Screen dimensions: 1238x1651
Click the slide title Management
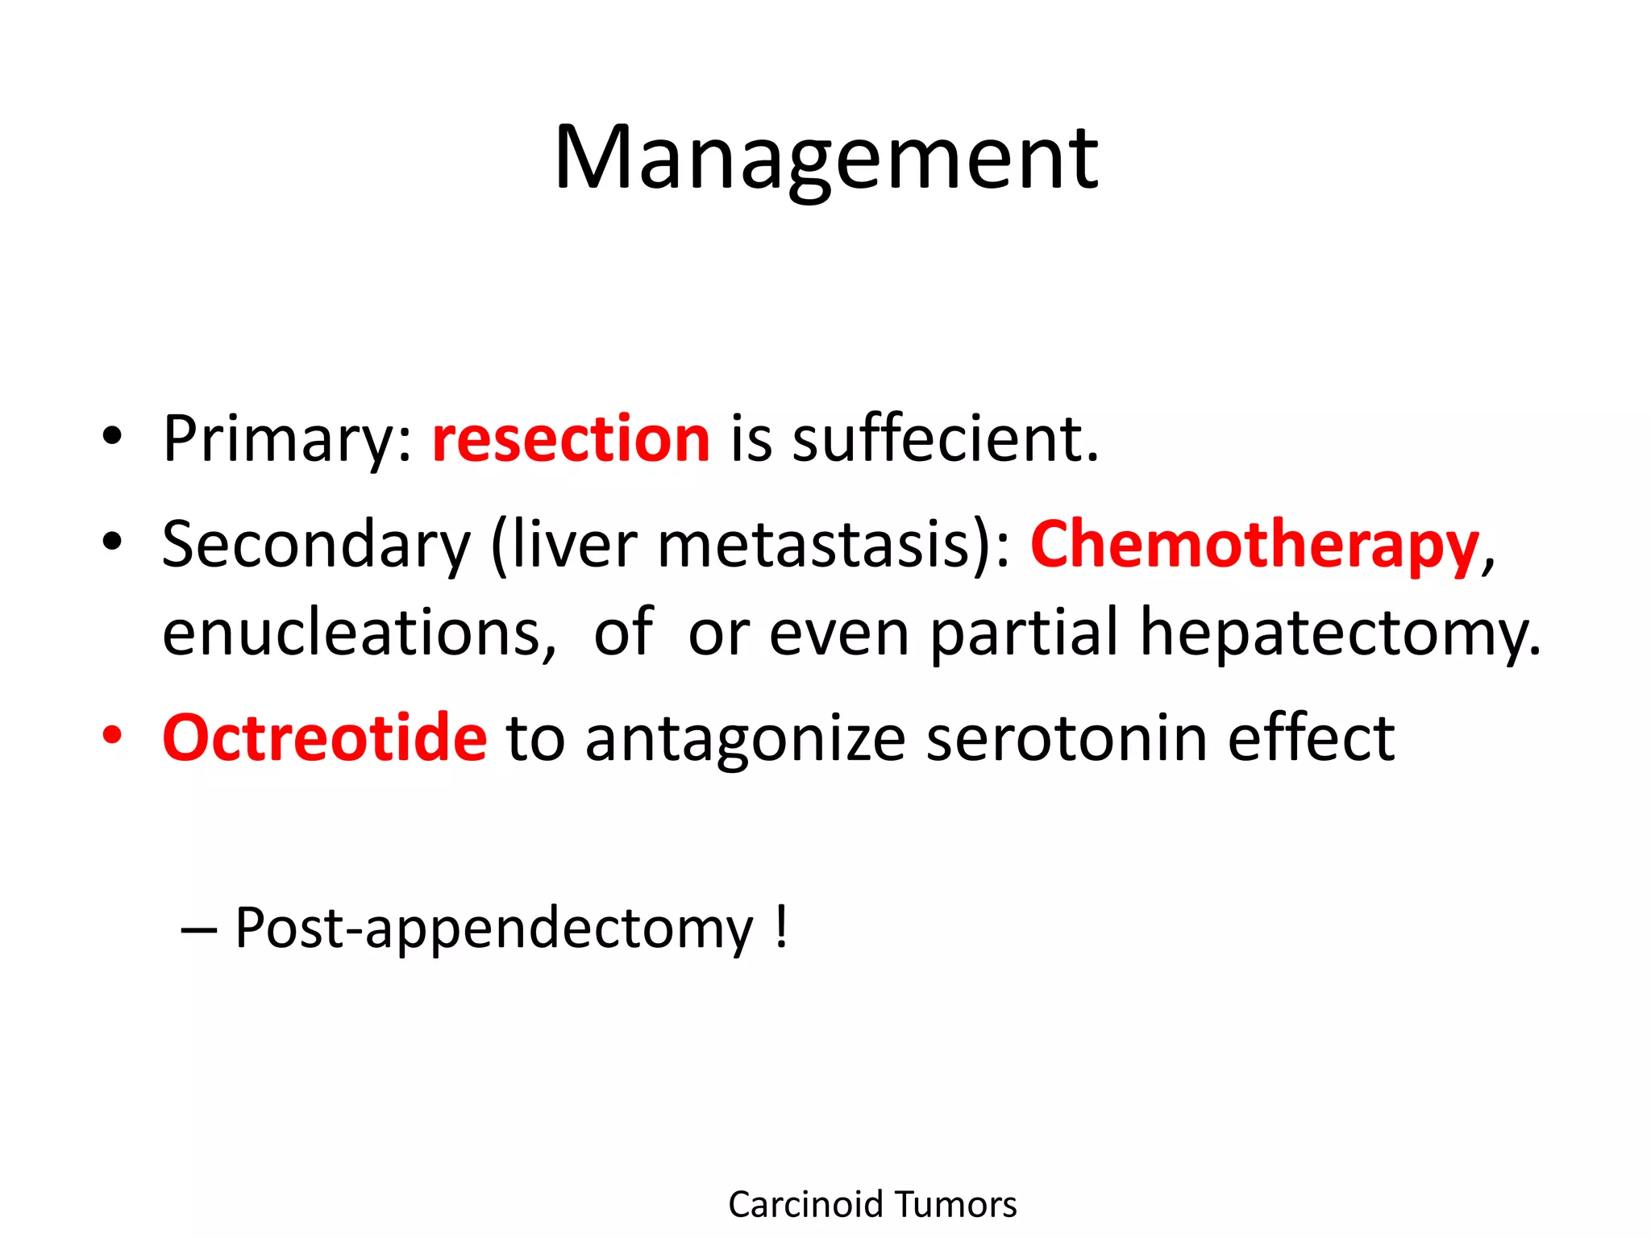(825, 158)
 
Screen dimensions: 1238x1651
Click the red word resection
(571, 438)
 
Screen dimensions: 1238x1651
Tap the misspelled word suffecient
(945, 438)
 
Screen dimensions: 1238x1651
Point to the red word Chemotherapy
(1254, 545)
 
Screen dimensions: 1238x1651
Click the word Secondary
(316, 545)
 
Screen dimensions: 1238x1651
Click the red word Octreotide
(325, 737)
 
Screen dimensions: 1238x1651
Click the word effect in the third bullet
(1310, 737)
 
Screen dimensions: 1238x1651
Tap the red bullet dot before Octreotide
(112, 735)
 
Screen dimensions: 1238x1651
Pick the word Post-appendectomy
(493, 929)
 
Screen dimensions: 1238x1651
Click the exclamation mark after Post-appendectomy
(780, 927)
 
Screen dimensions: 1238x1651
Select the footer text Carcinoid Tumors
(872, 1204)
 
